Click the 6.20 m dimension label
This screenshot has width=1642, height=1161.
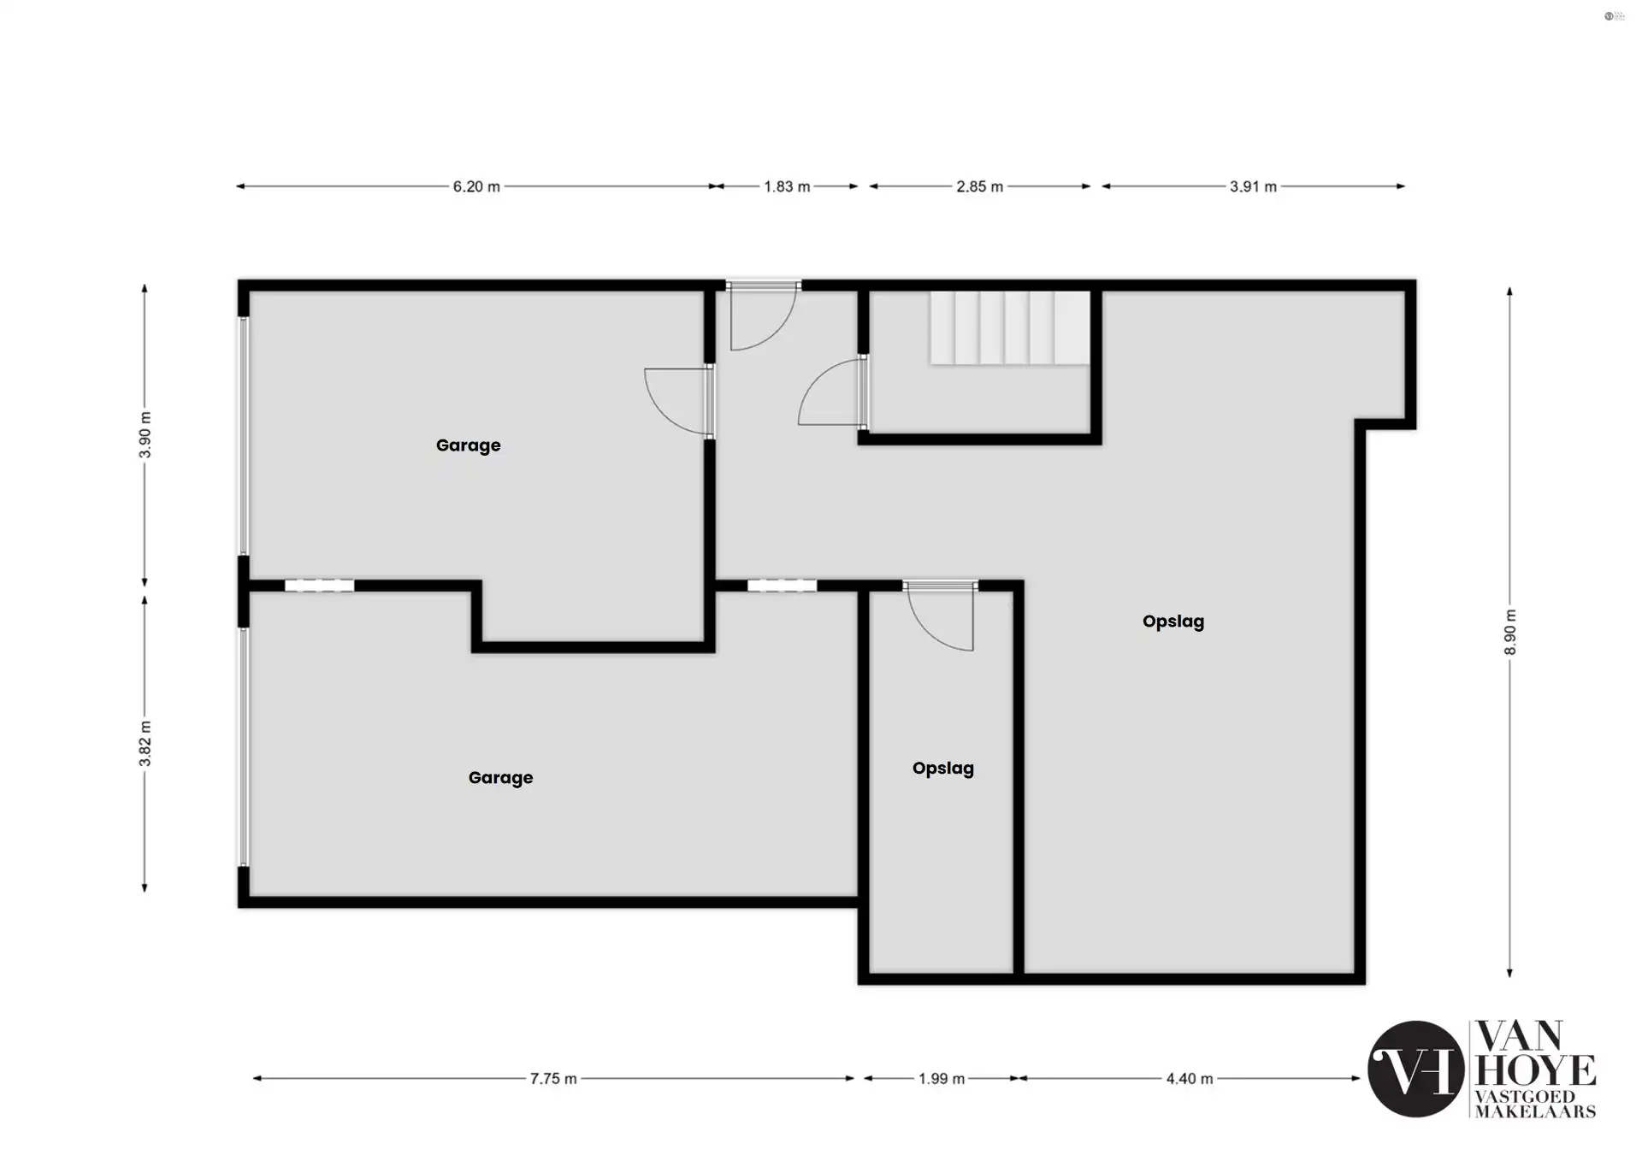click(x=476, y=186)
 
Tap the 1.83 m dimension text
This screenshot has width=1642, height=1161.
click(x=787, y=186)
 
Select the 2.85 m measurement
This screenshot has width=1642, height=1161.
click(x=979, y=186)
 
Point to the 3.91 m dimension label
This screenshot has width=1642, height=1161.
click(x=1253, y=186)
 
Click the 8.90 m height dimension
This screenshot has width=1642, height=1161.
click(x=1510, y=633)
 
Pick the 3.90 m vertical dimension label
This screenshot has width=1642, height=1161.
click(x=145, y=434)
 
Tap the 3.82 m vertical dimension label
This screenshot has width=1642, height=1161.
click(x=145, y=744)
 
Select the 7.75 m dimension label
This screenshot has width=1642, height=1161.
click(x=553, y=1079)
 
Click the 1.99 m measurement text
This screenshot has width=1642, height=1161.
click(x=942, y=1079)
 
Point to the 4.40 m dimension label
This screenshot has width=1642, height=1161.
click(x=1190, y=1079)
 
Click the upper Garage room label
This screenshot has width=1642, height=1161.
click(x=468, y=445)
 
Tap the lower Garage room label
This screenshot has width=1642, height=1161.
click(x=500, y=778)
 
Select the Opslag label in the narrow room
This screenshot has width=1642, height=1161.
click(x=942, y=769)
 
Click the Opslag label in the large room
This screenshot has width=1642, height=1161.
click(x=1173, y=622)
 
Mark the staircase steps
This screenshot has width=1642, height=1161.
click(x=1010, y=328)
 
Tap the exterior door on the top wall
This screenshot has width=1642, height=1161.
click(x=763, y=316)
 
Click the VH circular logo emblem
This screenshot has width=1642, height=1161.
click(x=1415, y=1069)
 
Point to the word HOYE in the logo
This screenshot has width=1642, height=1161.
click(x=1536, y=1070)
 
